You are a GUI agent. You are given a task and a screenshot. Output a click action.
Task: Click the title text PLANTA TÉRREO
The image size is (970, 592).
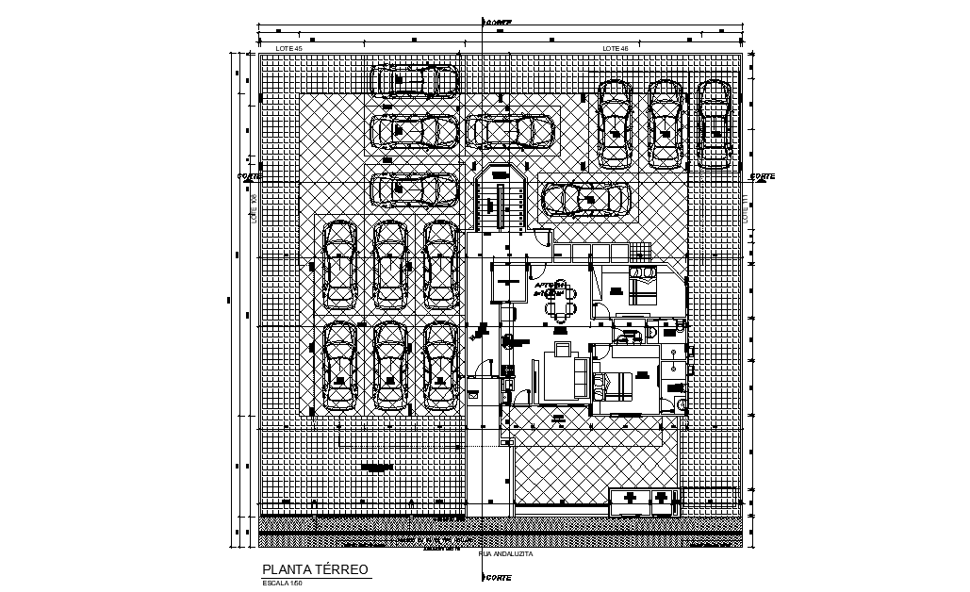tap(316, 570)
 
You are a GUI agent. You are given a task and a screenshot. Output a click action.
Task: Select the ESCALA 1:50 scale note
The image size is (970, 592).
tap(283, 584)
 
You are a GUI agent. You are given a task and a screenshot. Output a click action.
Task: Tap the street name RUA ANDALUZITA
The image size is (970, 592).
tap(506, 554)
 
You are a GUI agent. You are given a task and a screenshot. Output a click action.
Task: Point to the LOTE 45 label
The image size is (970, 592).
tap(288, 47)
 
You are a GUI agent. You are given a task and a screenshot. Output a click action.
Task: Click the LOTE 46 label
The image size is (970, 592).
tap(615, 47)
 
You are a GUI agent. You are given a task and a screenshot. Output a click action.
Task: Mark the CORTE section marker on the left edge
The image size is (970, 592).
tap(250, 175)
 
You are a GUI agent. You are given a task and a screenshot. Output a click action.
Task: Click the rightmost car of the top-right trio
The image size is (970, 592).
tap(714, 123)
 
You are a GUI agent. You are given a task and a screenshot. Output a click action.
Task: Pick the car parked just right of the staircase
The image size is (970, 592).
tap(584, 199)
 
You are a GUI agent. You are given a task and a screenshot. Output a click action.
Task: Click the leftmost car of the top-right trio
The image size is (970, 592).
tap(615, 123)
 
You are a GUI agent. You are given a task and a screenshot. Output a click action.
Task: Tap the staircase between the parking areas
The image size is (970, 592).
tap(499, 200)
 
